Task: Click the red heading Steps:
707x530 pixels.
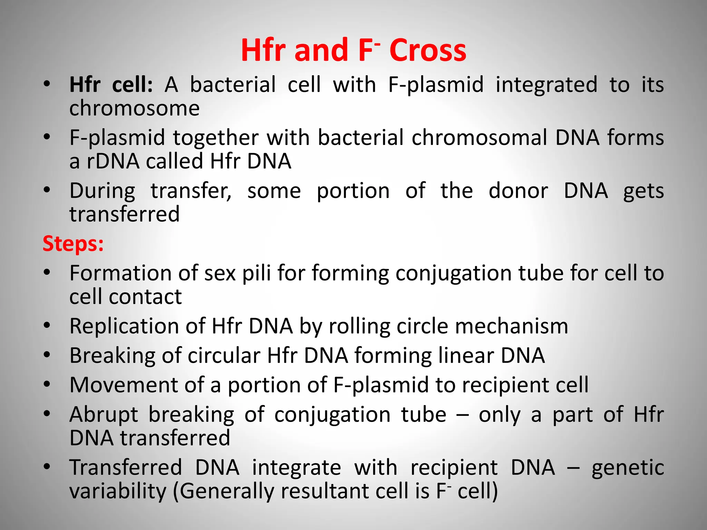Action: [x=73, y=244]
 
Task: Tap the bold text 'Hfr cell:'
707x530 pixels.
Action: [x=111, y=85]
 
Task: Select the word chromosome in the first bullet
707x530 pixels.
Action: [x=134, y=109]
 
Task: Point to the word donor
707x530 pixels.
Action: [x=518, y=191]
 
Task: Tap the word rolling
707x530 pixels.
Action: [x=359, y=327]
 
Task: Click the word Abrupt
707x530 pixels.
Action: [x=104, y=415]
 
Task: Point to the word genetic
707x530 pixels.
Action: [x=628, y=468]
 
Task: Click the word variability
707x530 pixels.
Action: [x=118, y=491]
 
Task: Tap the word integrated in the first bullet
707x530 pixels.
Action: [x=546, y=85]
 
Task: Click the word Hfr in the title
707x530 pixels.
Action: [x=264, y=51]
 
